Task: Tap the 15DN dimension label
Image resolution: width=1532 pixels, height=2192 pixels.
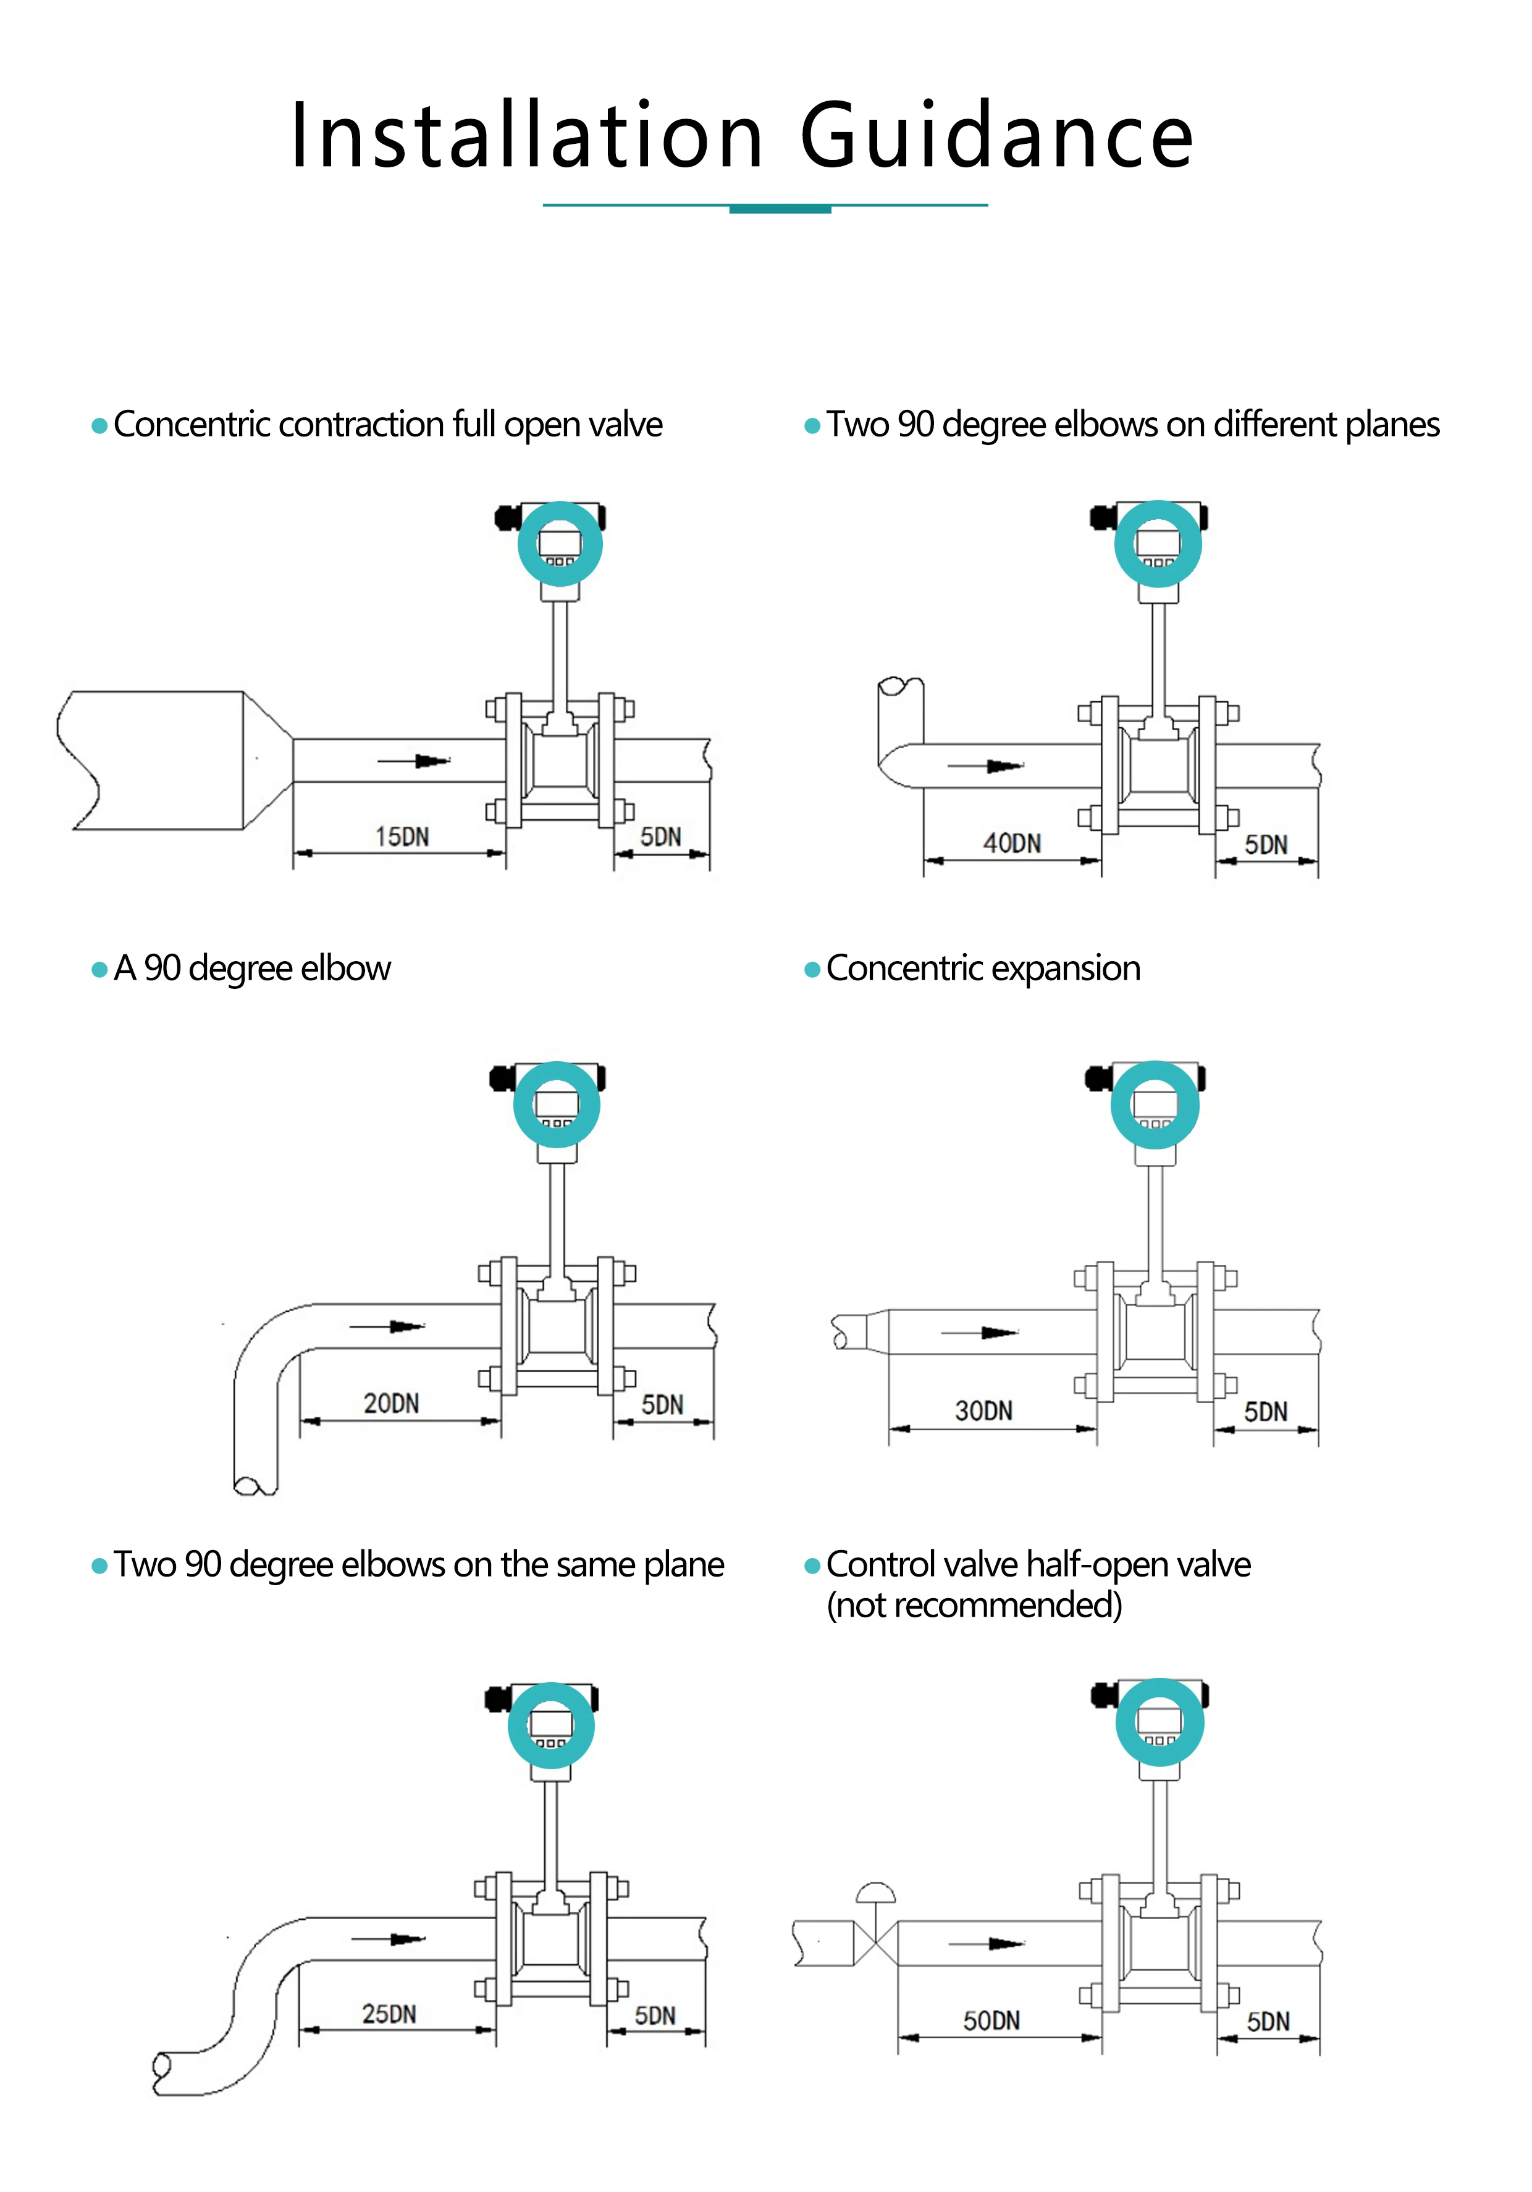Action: [402, 836]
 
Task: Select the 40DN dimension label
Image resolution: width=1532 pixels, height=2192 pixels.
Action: [1011, 843]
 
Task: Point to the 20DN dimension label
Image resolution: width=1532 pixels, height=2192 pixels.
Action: [390, 1402]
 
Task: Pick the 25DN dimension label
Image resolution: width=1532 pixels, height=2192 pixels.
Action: [389, 2014]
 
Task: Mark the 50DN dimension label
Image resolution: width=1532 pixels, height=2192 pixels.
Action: [991, 2020]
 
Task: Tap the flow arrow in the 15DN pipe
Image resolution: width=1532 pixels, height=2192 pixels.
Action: [413, 761]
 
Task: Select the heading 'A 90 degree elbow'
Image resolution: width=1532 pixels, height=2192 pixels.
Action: [252, 968]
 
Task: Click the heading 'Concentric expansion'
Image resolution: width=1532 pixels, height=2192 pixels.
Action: [983, 968]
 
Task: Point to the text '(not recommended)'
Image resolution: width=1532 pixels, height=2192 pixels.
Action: [974, 1605]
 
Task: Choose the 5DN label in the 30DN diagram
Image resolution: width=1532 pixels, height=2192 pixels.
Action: [1266, 1411]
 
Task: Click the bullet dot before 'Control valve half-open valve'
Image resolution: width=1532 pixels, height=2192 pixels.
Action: [813, 1565]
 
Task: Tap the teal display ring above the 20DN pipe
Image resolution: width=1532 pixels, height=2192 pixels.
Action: [557, 1104]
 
